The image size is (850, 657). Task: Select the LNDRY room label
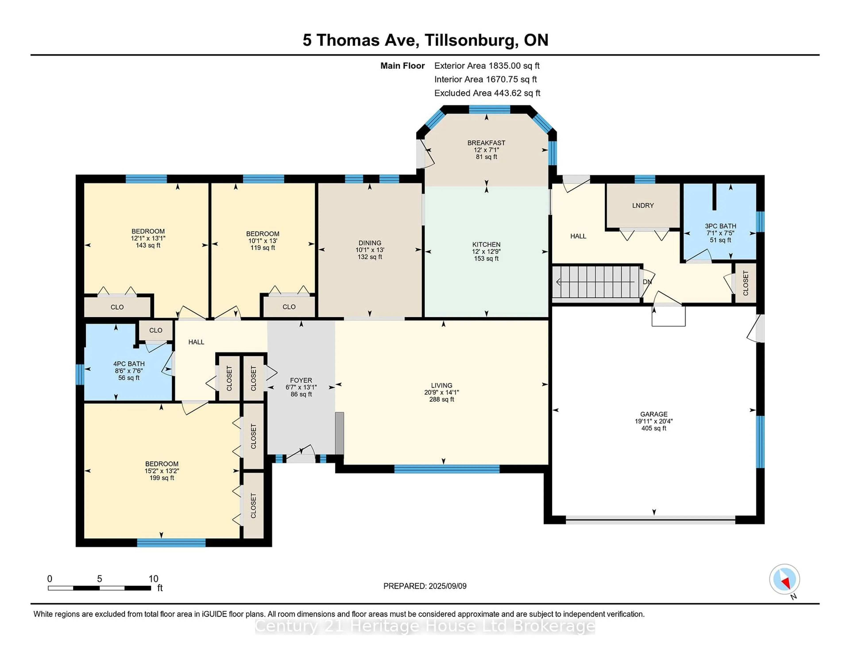click(x=643, y=205)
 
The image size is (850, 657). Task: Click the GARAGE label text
click(x=654, y=414)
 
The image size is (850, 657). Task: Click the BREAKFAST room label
click(x=487, y=143)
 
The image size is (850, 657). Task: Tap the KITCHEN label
click(x=487, y=244)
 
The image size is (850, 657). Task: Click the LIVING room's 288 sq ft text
click(x=442, y=399)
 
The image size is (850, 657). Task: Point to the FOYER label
click(x=301, y=380)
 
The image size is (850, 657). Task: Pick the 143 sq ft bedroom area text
click(x=148, y=245)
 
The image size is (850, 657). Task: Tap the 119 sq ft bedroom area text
click(x=263, y=247)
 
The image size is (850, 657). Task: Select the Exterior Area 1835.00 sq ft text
click(x=487, y=66)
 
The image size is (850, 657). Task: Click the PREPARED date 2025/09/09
click(x=448, y=586)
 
